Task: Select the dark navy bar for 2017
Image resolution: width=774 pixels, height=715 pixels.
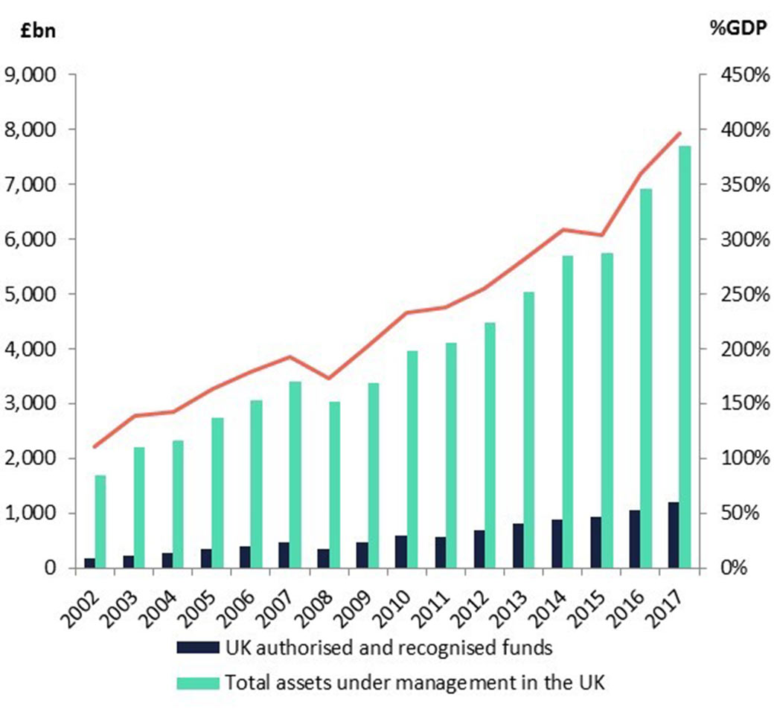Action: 673,535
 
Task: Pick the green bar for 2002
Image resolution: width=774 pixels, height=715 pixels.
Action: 100,521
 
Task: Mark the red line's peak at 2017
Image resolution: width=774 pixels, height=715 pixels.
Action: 679,133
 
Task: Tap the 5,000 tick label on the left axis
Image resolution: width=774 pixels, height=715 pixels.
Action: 31,294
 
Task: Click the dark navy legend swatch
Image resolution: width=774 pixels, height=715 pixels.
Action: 197,647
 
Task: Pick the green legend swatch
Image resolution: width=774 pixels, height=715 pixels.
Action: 197,682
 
